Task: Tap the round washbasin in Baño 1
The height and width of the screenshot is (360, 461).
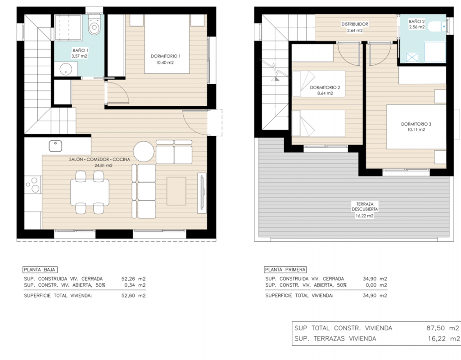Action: tap(66, 69)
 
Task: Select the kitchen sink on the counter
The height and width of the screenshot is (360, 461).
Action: tap(55, 146)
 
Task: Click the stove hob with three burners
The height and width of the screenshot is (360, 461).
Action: tap(33, 184)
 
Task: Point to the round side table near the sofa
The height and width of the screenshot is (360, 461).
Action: tap(144, 152)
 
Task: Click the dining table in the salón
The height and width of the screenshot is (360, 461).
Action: tap(90, 193)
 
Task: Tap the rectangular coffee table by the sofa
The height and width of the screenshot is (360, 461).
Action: tap(176, 191)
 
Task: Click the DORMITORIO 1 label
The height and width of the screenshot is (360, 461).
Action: tap(166, 56)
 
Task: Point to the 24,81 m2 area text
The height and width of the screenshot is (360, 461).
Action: tap(104, 166)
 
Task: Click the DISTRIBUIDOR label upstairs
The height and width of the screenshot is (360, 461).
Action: tap(355, 24)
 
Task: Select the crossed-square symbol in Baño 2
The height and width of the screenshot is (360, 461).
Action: tap(412, 57)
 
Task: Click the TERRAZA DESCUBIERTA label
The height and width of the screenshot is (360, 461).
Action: tap(365, 207)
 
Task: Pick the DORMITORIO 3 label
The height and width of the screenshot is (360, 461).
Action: tap(416, 124)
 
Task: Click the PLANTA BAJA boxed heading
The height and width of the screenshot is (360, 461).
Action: tap(40, 270)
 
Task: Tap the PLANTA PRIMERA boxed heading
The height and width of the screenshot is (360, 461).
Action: tap(285, 270)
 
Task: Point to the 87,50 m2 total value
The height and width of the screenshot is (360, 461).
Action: tap(443, 328)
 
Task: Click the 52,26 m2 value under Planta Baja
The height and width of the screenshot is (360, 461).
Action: tap(133, 279)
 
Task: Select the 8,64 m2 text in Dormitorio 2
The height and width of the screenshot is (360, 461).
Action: tap(325, 94)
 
